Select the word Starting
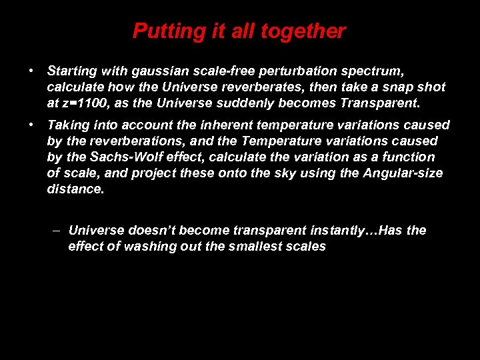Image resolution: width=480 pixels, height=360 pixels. (x=72, y=70)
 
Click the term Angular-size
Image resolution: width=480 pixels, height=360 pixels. (x=403, y=173)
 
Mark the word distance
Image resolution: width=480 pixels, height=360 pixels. (x=75, y=189)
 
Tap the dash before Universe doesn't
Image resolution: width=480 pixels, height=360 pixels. (x=57, y=230)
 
